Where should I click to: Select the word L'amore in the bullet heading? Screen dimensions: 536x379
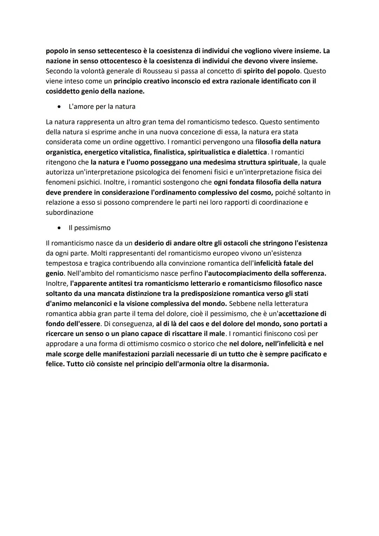pos(81,106)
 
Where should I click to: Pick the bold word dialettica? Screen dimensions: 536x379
pos(252,152)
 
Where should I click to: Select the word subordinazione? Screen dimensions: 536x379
pos(69,212)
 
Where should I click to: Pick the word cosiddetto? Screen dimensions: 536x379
pos(62,91)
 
